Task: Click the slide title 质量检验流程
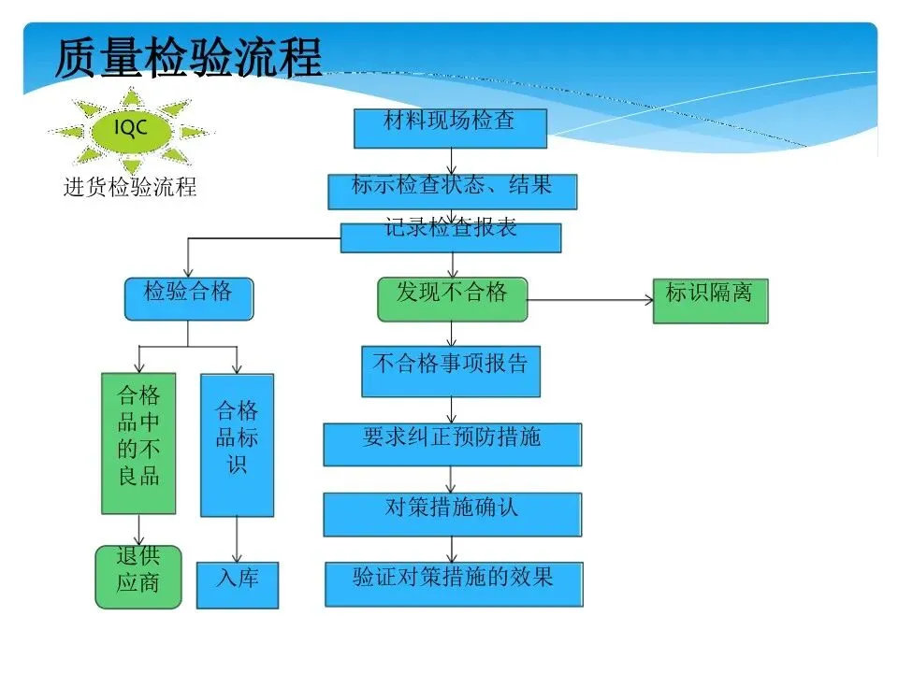(188, 58)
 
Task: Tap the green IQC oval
(131, 129)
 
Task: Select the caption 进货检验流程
(130, 187)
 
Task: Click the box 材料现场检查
(450, 128)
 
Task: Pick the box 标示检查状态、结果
(452, 191)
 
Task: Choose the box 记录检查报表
(450, 236)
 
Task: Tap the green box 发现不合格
(452, 298)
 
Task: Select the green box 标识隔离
(709, 299)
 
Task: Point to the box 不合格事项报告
(450, 371)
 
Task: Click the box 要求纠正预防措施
(452, 444)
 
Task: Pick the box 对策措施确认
(452, 514)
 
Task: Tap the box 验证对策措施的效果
(454, 583)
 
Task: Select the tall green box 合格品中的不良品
(138, 443)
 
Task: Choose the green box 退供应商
(138, 577)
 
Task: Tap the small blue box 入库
(237, 585)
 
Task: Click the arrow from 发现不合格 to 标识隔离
(589, 300)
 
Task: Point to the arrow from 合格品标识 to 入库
(237, 539)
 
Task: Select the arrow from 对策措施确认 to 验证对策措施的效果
(452, 549)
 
